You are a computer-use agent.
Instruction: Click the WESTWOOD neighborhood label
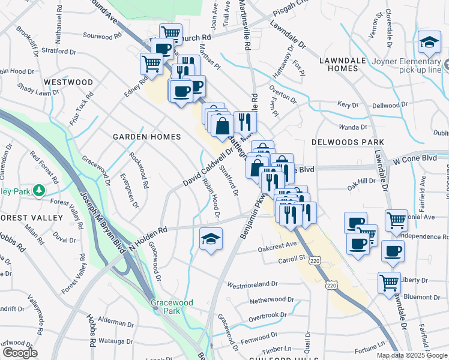[68, 82]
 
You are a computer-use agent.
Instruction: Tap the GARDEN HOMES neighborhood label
[147, 137]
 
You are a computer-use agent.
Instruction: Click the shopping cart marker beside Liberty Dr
[390, 281]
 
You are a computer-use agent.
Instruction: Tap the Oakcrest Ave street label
[277, 245]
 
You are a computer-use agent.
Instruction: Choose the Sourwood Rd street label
[101, 35]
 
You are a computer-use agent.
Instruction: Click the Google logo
[20, 353]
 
